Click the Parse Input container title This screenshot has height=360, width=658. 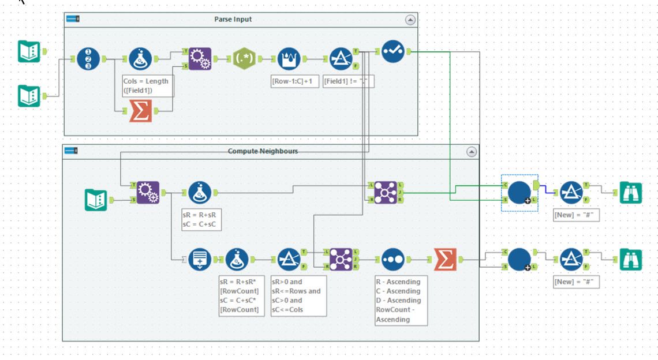233,19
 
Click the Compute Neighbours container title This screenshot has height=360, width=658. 263,151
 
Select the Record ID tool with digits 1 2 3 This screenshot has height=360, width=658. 88,58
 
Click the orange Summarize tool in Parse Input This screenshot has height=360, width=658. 140,111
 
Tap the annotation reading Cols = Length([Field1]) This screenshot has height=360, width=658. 145,85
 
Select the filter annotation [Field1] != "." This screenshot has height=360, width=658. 347,81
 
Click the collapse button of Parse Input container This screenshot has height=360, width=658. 410,20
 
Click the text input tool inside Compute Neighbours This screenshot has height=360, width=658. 96,200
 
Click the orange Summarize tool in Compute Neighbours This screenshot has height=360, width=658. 445,260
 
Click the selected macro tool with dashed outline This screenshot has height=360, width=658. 519,192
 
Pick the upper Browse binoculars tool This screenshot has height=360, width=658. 630,193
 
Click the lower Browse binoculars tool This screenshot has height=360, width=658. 630,260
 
